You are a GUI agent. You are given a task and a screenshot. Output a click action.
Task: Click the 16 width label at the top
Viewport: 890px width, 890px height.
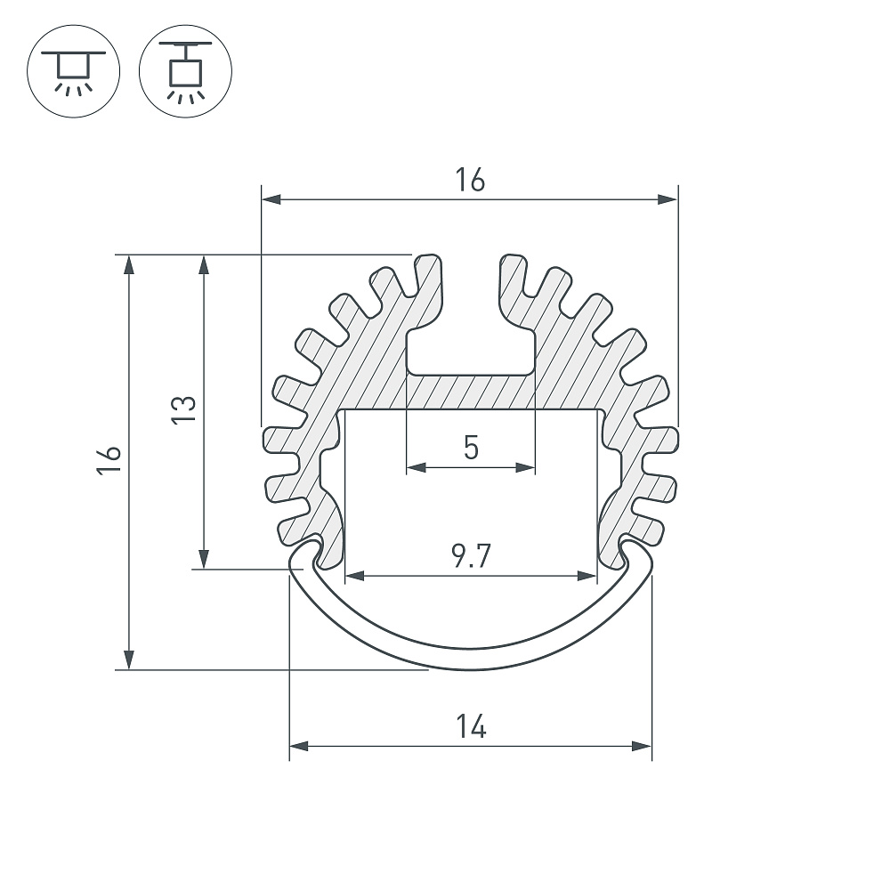pyautogui.click(x=470, y=180)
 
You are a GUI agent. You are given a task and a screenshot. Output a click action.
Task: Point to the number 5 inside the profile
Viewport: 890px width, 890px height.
pyautogui.click(x=471, y=448)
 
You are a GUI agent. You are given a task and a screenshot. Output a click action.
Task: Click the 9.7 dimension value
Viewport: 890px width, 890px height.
pyautogui.click(x=471, y=555)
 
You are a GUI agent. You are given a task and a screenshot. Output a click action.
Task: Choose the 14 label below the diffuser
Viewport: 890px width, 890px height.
pyautogui.click(x=471, y=726)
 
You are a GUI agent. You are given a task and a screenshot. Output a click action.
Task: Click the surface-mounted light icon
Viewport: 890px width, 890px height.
pyautogui.click(x=73, y=71)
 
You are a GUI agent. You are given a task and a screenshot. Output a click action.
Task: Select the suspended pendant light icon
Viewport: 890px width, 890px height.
pyautogui.click(x=185, y=71)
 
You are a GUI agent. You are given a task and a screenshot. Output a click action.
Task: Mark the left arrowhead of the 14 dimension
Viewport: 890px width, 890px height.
pyautogui.click(x=298, y=746)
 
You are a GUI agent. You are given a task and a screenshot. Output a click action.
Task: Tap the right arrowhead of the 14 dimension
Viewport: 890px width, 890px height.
pyautogui.click(x=642, y=746)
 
